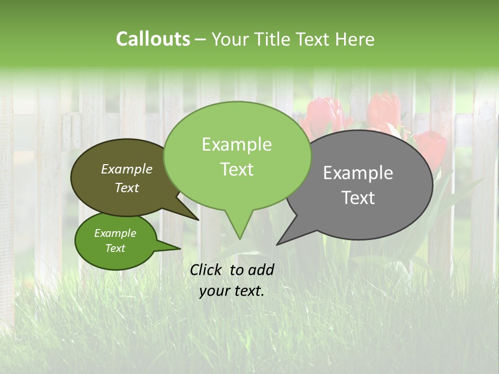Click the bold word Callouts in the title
pos(153,39)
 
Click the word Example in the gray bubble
pos(358,173)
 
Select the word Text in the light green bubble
pos(237,169)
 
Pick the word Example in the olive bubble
pos(126,169)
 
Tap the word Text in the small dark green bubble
pos(115,248)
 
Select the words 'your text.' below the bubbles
pos(231,291)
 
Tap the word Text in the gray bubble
pos(358,198)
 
